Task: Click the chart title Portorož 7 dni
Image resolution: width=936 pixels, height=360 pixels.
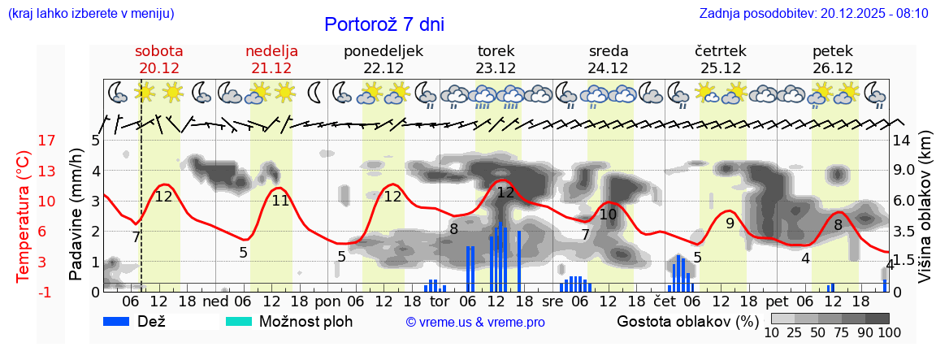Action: [x=384, y=24]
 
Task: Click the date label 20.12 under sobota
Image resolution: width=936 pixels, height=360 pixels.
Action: [x=159, y=68]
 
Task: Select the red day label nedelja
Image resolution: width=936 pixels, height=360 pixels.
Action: [x=271, y=51]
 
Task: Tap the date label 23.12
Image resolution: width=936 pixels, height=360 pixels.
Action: [x=496, y=68]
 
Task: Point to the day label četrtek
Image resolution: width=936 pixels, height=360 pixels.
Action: [x=720, y=51]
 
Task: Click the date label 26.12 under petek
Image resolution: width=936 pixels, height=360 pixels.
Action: [x=832, y=68]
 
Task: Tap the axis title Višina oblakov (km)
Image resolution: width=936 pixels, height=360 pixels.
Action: [x=925, y=215]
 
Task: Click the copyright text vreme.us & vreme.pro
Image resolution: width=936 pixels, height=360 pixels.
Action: [x=475, y=323]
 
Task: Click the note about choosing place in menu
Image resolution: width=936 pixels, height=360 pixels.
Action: [x=90, y=14]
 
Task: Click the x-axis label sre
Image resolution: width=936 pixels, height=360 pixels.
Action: [x=552, y=301]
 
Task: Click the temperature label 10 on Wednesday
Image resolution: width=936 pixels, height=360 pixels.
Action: [x=608, y=215]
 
